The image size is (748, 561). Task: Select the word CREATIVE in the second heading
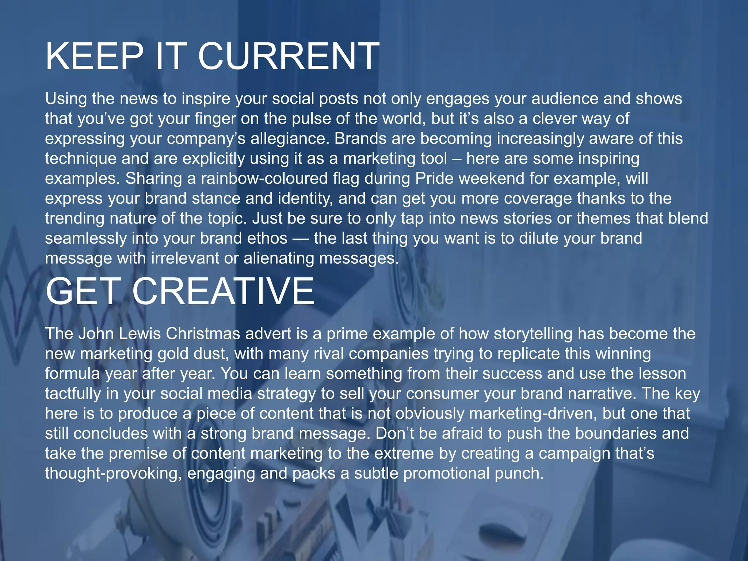point(223,291)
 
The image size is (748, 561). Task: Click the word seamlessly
point(86,238)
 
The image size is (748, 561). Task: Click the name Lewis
point(140,334)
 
